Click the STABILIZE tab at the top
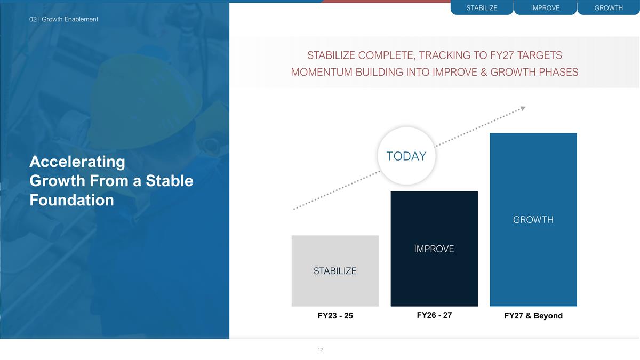click(x=482, y=8)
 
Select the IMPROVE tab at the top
click(x=545, y=8)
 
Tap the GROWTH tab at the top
click(x=609, y=8)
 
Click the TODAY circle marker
click(x=406, y=156)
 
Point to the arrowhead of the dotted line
click(x=523, y=108)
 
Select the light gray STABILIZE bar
click(x=335, y=270)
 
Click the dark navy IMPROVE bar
click(x=434, y=249)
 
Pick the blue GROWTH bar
click(x=533, y=219)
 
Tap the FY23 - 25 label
click(x=335, y=316)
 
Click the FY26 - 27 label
click(x=434, y=315)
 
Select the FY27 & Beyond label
click(x=533, y=316)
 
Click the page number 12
click(x=320, y=350)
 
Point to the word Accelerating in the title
click(x=77, y=162)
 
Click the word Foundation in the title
click(x=71, y=200)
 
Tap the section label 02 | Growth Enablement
click(x=63, y=19)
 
